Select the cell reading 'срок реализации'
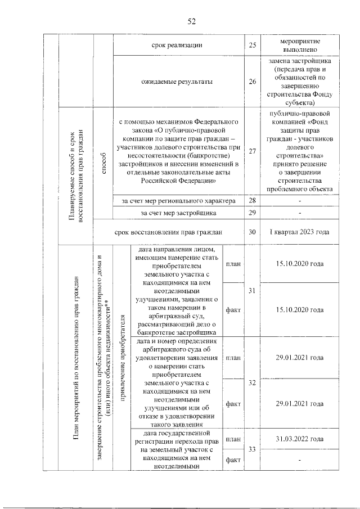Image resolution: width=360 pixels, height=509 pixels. [x=177, y=45]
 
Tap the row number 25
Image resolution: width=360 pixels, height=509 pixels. [x=252, y=45]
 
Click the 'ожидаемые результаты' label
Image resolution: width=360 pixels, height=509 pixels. [x=177, y=82]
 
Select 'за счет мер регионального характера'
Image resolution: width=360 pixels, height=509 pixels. [x=177, y=201]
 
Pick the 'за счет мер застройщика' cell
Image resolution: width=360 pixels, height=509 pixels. [x=177, y=213]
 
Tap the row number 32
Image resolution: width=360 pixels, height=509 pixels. [x=252, y=382]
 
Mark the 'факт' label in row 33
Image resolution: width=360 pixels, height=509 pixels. [x=233, y=460]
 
